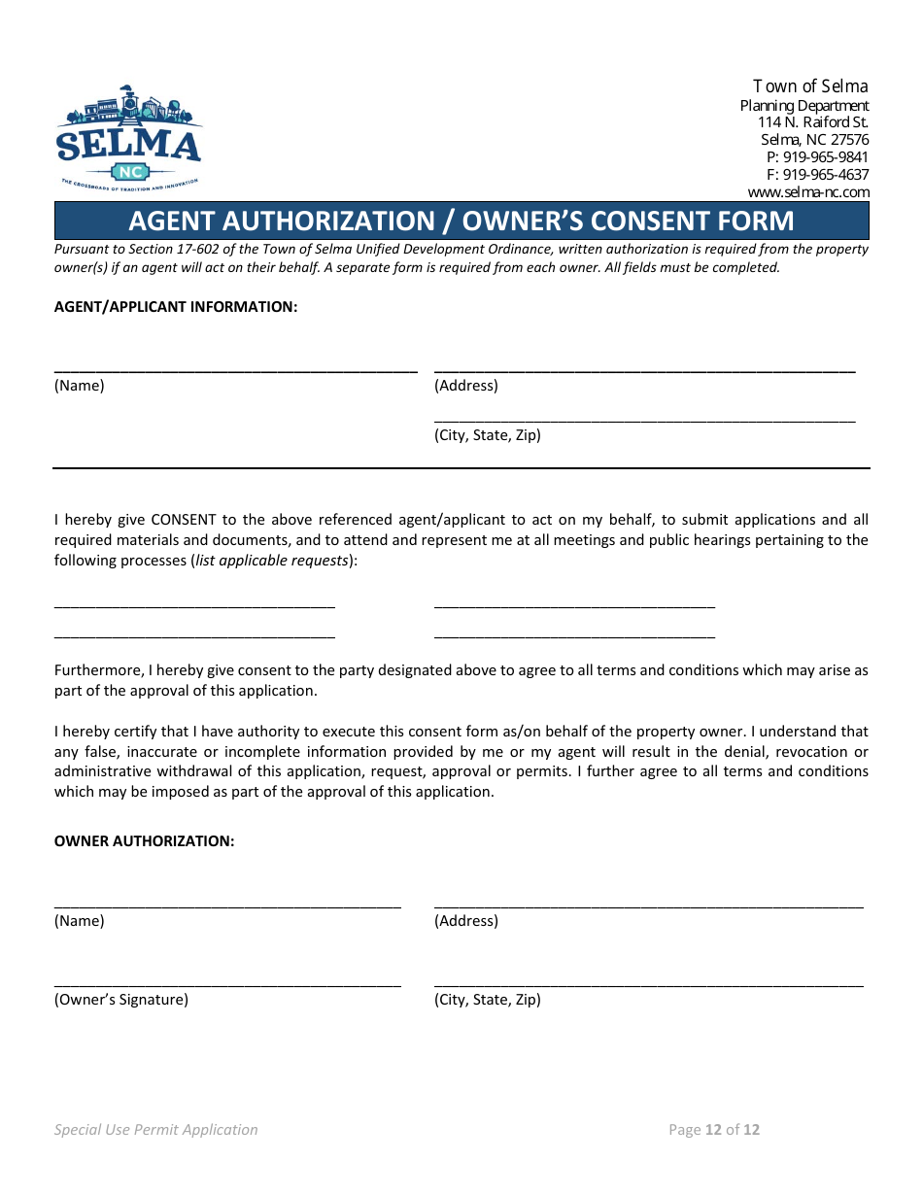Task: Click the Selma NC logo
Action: click(128, 139)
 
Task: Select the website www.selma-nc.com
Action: click(807, 192)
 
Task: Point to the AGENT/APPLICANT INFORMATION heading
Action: click(176, 307)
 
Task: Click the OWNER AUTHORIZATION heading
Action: click(144, 841)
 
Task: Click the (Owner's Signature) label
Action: click(121, 1000)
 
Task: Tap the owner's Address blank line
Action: click(648, 904)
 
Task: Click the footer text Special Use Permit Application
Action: click(156, 1130)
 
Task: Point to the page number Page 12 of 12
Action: click(714, 1130)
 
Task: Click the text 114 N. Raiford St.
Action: click(812, 122)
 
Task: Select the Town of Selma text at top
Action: click(810, 86)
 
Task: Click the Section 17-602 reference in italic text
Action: click(173, 250)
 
